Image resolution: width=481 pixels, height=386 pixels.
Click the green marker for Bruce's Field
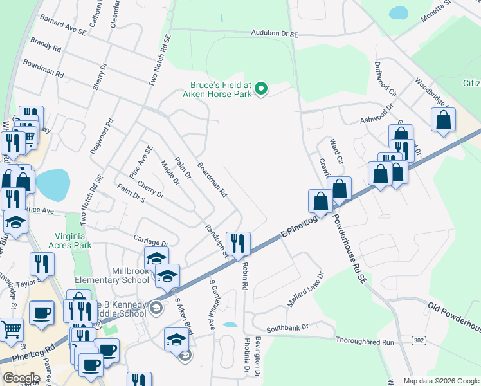[261, 88]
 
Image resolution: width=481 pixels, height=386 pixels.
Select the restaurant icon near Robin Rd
[238, 243]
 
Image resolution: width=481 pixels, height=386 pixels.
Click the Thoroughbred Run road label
[365, 342]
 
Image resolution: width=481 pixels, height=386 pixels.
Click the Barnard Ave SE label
[63, 26]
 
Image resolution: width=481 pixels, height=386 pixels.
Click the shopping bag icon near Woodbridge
[444, 120]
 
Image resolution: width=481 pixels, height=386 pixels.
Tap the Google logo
[21, 378]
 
